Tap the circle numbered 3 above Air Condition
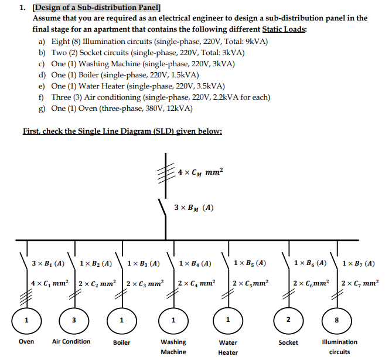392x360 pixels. click(73, 320)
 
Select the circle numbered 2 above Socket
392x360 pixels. click(288, 320)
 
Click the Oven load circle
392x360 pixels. click(26, 320)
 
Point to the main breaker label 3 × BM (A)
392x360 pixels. click(193, 208)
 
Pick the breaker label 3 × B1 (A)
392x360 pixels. click(48, 263)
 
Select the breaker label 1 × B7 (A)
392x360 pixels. click(358, 263)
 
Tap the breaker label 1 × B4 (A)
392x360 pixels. click(195, 263)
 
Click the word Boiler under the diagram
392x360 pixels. click(121, 342)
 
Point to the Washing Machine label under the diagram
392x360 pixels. click(173, 347)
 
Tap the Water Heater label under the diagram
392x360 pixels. click(228, 347)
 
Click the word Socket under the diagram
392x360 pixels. click(288, 342)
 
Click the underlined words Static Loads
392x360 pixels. click(284, 29)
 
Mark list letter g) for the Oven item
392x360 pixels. click(42, 108)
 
